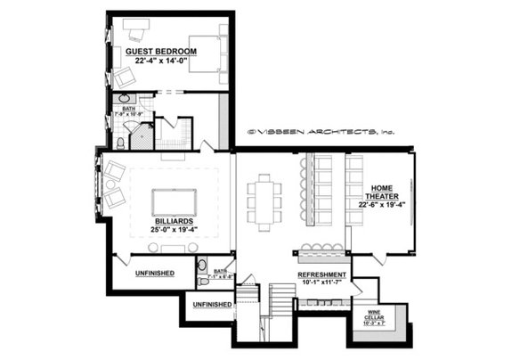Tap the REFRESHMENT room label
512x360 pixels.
(x=321, y=274)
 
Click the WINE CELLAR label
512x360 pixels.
(x=381, y=315)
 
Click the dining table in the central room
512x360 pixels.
(x=264, y=201)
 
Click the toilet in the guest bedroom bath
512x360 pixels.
(x=120, y=142)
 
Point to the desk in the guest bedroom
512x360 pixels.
(x=136, y=34)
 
